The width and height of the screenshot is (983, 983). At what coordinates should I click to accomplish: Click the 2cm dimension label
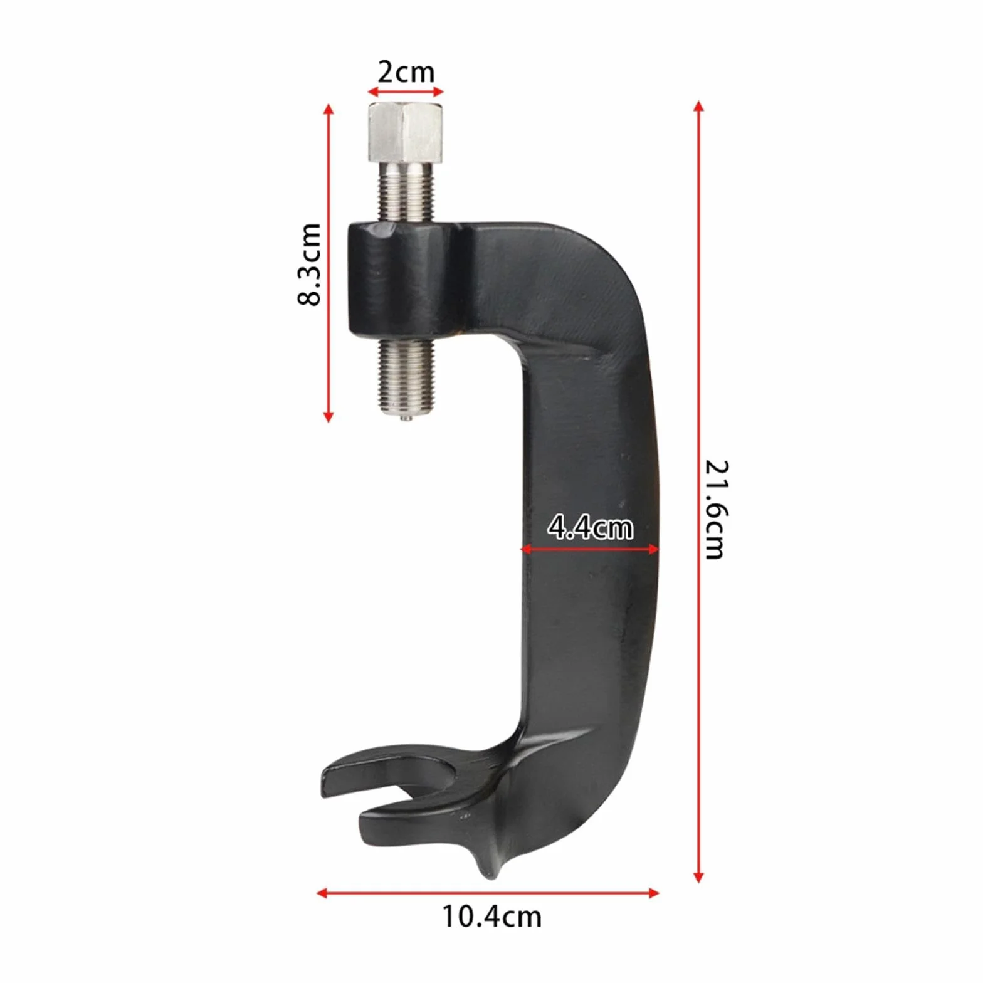point(406,73)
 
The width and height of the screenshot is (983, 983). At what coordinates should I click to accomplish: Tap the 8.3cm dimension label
point(309,264)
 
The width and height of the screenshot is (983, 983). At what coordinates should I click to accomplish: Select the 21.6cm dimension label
point(715,509)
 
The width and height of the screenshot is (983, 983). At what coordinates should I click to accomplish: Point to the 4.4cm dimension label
point(590,527)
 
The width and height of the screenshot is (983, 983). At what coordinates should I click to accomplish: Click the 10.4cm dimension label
point(492,917)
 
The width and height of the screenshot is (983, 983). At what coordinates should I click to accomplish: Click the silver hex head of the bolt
point(406,132)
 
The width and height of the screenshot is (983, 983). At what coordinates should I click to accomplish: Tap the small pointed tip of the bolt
point(406,418)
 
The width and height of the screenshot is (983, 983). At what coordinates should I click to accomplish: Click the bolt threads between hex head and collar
point(406,191)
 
